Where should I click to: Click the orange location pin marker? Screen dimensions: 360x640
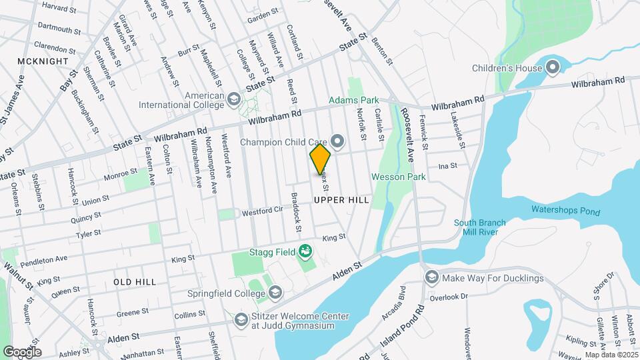pyautogui.click(x=321, y=160)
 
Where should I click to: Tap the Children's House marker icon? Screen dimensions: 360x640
pyautogui.click(x=553, y=67)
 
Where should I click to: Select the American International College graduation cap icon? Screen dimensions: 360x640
pyautogui.click(x=233, y=99)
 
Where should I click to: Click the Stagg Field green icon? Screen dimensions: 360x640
pyautogui.click(x=305, y=251)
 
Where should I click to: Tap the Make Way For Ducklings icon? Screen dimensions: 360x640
pyautogui.click(x=431, y=277)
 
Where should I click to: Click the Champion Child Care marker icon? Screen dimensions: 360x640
pyautogui.click(x=337, y=141)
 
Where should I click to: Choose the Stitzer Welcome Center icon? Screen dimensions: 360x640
pyautogui.click(x=240, y=320)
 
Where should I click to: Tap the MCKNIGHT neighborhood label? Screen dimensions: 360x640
pyautogui.click(x=43, y=61)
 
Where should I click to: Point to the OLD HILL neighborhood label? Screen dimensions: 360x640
pyautogui.click(x=135, y=282)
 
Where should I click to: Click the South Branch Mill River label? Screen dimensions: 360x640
pyautogui.click(x=480, y=228)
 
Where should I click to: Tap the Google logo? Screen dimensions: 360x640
pyautogui.click(x=22, y=351)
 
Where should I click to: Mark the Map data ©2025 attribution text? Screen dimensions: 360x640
pyautogui.click(x=611, y=355)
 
